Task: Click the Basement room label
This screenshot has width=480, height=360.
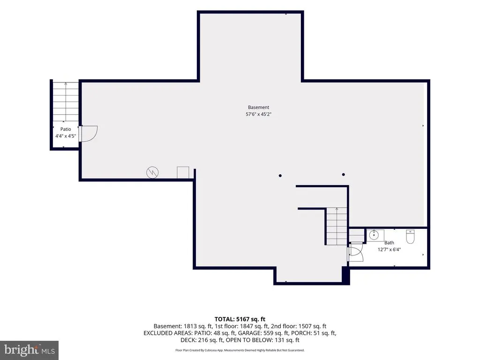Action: point(258,107)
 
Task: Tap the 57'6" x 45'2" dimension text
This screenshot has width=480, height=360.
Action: point(258,114)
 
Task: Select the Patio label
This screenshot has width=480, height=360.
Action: point(66,129)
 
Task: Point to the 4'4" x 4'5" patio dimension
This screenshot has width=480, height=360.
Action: point(66,136)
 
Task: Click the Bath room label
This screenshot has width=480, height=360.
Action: point(389,243)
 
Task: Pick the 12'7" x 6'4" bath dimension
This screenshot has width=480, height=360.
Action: point(389,249)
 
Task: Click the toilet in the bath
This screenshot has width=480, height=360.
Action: point(410,236)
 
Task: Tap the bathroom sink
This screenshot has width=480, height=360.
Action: point(374,235)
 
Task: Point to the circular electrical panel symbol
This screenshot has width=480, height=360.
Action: point(152,172)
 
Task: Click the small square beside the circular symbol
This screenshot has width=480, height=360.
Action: point(183,172)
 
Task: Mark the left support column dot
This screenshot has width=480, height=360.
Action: point(280,176)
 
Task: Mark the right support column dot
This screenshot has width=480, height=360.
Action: point(344,174)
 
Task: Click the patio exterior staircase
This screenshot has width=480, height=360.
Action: point(66,102)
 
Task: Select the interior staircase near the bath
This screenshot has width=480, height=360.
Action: point(337,226)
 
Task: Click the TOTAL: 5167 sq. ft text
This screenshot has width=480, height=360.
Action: point(240,319)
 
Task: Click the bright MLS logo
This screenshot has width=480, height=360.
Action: point(29,350)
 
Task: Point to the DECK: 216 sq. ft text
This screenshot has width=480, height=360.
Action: point(202,340)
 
